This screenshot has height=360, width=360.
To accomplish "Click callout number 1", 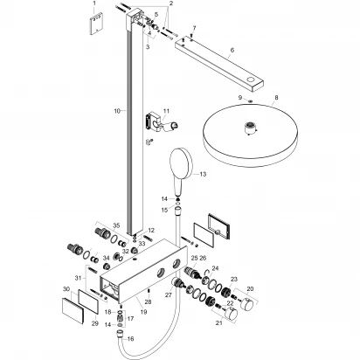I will [x=95, y=4].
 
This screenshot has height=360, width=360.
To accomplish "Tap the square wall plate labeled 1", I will [x=95, y=26].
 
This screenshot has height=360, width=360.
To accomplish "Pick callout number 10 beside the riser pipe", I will [x=115, y=112].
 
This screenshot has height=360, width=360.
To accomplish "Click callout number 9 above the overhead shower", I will [x=238, y=99].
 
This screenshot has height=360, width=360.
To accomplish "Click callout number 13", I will [x=203, y=175].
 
